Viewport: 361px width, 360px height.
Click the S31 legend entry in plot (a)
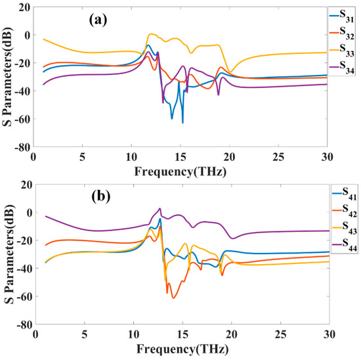click(342, 14)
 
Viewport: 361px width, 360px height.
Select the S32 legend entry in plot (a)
click(342, 30)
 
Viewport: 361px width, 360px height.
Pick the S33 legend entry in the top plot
click(342, 47)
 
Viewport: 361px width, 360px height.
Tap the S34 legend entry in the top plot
click(342, 63)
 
